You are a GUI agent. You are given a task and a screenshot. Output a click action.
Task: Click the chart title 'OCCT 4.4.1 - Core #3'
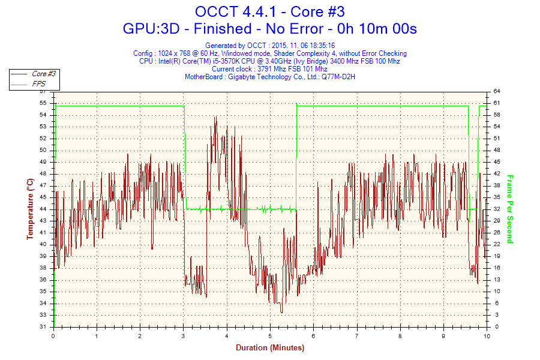(269, 11)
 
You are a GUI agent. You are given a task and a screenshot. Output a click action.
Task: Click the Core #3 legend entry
(44, 74)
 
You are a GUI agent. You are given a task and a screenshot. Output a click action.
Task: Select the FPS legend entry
(39, 84)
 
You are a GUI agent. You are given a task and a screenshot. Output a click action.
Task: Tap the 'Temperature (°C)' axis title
(30, 208)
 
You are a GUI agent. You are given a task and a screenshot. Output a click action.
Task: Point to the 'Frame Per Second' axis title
(509, 209)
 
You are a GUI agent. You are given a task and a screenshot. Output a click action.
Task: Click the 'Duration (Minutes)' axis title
(269, 347)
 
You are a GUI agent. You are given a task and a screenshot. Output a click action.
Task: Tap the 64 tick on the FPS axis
(497, 91)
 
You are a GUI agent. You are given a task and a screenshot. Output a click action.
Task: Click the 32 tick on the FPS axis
(497, 209)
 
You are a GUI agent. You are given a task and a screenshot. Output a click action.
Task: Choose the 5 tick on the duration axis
(270, 335)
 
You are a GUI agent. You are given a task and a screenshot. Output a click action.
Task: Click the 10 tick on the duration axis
(486, 335)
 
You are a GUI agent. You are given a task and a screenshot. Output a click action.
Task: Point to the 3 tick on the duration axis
(183, 335)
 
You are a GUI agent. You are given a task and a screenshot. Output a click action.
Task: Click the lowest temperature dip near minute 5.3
(282, 312)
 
